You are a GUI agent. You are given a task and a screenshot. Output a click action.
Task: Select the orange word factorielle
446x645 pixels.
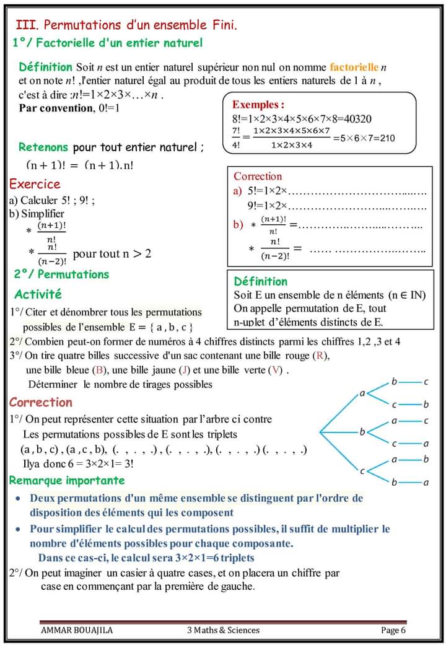[354, 66]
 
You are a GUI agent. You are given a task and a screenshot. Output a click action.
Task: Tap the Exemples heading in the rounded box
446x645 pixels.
[258, 105]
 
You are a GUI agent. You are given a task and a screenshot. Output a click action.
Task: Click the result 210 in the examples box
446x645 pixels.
[386, 138]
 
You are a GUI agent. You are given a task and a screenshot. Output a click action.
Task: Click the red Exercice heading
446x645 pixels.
[35, 184]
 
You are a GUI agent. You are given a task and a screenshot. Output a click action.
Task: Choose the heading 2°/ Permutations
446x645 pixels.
[61, 274]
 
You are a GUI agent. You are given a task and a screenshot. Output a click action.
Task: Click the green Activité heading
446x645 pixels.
[38, 294]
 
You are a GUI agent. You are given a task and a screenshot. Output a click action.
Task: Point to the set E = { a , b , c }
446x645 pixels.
[164, 327]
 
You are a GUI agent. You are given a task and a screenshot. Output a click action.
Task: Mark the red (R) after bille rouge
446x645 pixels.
[321, 356]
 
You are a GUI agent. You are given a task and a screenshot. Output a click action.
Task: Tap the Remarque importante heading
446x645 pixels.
[67, 480]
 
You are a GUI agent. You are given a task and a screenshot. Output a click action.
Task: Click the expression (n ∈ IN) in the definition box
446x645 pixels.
[407, 295]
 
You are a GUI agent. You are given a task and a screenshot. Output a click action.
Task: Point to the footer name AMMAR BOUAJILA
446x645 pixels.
[77, 630]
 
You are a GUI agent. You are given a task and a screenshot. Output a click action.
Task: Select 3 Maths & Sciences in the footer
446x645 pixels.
[223, 630]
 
